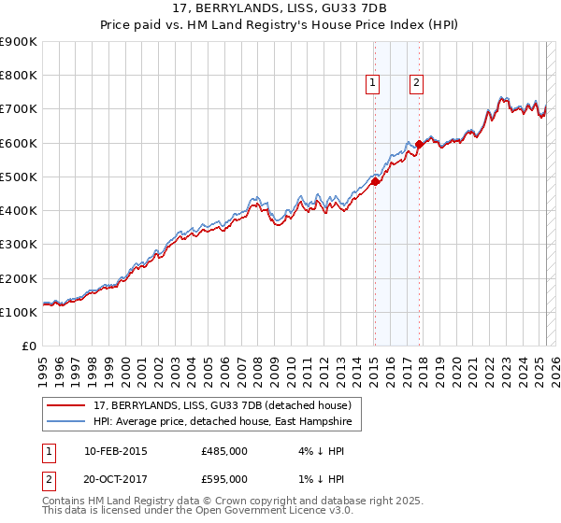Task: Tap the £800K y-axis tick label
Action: (19, 76)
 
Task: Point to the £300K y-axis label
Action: (19, 245)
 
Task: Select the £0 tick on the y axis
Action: (30, 346)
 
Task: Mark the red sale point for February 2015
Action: (375, 182)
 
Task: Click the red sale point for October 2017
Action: (420, 145)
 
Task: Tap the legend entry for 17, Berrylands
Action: (222, 405)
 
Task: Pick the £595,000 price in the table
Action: (224, 478)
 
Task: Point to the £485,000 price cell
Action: (224, 452)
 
